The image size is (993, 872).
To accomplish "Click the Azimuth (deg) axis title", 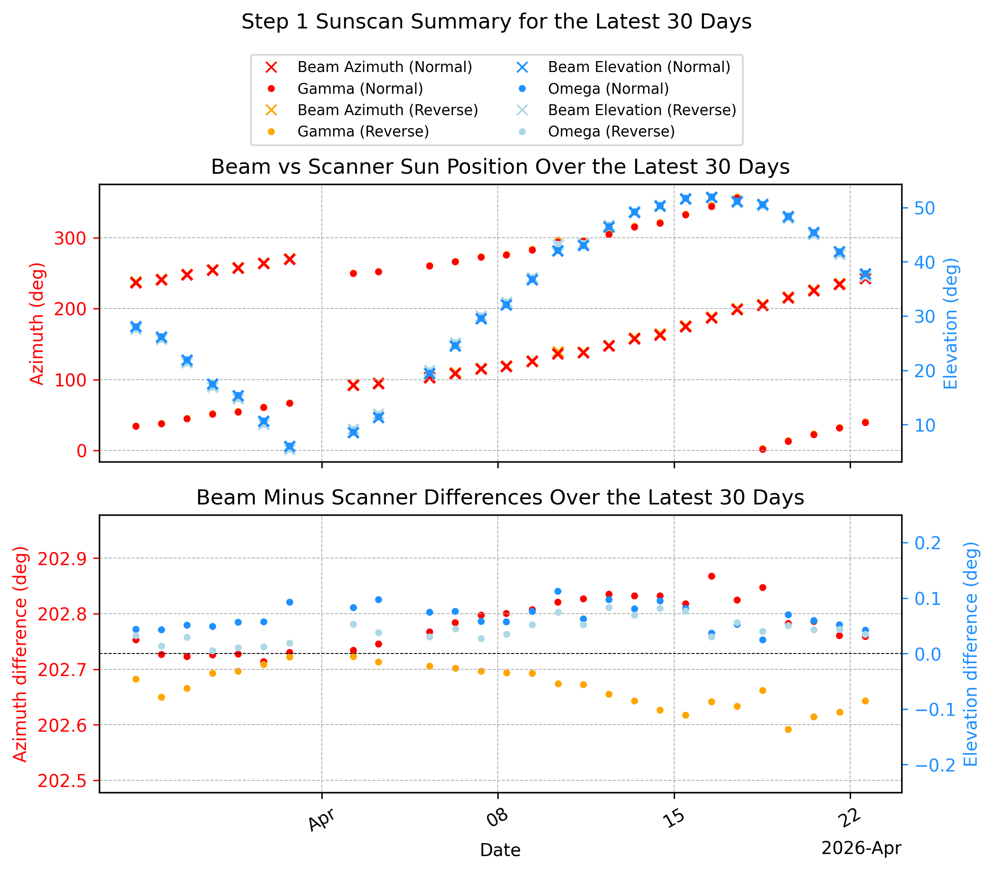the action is tap(37, 324).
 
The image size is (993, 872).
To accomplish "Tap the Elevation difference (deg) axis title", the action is tap(970, 654).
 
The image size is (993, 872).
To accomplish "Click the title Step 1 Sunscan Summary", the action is tap(496, 22).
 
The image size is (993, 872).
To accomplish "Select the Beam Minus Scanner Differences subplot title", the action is tap(500, 498).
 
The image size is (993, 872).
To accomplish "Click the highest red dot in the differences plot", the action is tap(712, 576).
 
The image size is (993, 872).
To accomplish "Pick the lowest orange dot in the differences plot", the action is tap(789, 730).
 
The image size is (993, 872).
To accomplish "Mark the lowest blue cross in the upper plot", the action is tap(290, 447).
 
